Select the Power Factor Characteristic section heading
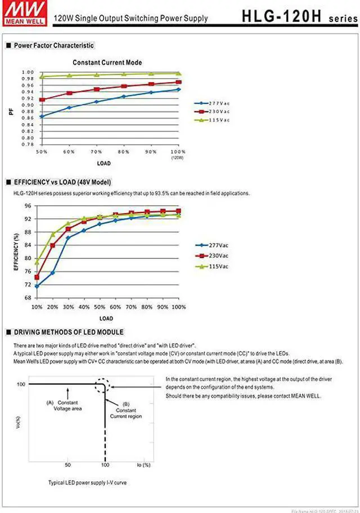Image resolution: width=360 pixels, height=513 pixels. [x=53, y=46]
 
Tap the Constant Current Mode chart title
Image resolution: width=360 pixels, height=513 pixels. [x=107, y=62]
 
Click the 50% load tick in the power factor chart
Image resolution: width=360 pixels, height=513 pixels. [x=42, y=152]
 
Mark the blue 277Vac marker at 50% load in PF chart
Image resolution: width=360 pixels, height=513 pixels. [x=42, y=116]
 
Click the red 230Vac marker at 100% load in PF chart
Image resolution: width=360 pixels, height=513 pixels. [x=178, y=82]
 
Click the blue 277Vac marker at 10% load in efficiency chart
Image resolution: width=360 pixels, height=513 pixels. [x=37, y=286]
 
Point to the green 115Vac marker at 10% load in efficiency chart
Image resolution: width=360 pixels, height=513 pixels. [x=37, y=262]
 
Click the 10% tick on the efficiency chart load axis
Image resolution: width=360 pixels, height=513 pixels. [x=37, y=307]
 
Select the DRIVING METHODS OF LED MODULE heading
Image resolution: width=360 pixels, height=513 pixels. [x=68, y=332]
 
